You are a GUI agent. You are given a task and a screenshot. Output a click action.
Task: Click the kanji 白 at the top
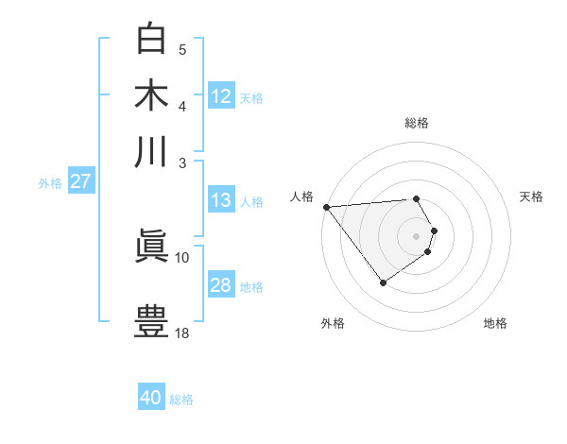click(151, 39)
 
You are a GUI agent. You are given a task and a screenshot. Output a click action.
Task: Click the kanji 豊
click(151, 320)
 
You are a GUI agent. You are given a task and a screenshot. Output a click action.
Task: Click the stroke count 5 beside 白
click(182, 50)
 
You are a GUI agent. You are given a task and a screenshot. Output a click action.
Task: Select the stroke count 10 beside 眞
click(182, 257)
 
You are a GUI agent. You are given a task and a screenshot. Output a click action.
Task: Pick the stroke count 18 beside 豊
click(182, 333)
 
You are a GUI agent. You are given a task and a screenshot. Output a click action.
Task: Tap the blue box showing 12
click(221, 96)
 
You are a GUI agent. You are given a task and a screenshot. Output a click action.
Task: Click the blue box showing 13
click(221, 200)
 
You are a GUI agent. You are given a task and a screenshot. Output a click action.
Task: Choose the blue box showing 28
click(221, 285)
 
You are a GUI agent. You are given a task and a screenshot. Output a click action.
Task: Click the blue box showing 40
click(151, 398)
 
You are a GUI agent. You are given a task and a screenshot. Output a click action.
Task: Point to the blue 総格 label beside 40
click(181, 400)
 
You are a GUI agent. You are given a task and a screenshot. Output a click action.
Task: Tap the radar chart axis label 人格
click(301, 196)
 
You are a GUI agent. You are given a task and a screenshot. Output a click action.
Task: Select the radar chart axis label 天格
click(531, 196)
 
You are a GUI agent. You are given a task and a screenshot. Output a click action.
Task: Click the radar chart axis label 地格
click(495, 323)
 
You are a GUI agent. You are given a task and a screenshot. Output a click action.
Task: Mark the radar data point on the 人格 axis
click(326, 206)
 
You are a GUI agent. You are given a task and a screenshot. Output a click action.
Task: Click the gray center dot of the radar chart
click(416, 235)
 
